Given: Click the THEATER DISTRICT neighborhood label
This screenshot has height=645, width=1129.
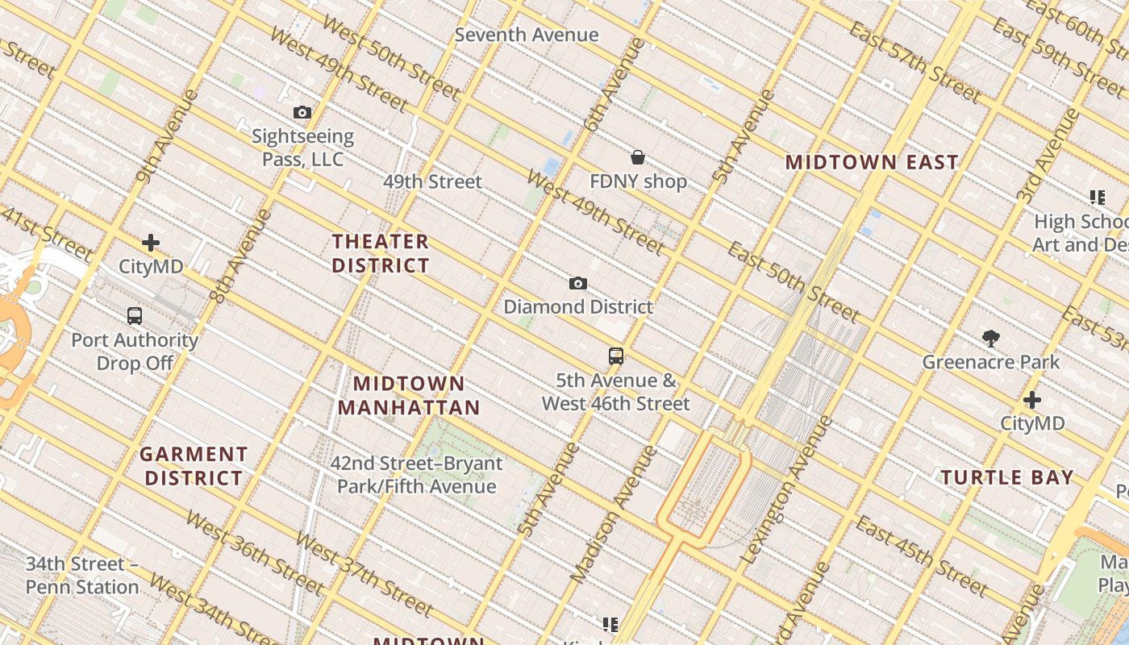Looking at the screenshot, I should point(381,253).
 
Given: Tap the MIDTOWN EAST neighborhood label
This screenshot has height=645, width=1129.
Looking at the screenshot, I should point(872,162).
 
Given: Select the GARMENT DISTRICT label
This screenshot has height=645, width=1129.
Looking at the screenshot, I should point(194,466).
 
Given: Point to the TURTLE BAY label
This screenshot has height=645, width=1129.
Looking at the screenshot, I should point(1007,477).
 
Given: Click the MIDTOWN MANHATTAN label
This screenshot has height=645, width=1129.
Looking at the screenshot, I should point(409,395).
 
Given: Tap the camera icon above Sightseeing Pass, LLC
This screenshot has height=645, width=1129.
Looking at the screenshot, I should point(302,112).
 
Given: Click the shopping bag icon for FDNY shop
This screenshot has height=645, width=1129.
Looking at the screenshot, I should point(638,156).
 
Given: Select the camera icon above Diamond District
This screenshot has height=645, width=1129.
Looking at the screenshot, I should point(577,283).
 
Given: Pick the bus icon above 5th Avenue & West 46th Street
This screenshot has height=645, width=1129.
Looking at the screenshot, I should point(616,356).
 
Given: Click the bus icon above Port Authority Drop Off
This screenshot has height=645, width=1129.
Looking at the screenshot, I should point(135,316).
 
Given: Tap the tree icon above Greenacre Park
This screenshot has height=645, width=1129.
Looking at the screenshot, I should point(991,339).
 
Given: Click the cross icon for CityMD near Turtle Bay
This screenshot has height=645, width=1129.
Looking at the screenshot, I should point(1032,400).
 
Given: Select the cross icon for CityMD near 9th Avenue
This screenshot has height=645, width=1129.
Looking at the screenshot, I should point(151,243).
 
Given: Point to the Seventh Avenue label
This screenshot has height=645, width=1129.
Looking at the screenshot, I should point(527,35).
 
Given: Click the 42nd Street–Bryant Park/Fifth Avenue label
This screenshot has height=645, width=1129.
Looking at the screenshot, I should point(416,475).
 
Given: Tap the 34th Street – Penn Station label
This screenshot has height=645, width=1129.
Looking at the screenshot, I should point(82,575).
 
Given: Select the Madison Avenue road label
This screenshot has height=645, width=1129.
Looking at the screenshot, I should point(614,514).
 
